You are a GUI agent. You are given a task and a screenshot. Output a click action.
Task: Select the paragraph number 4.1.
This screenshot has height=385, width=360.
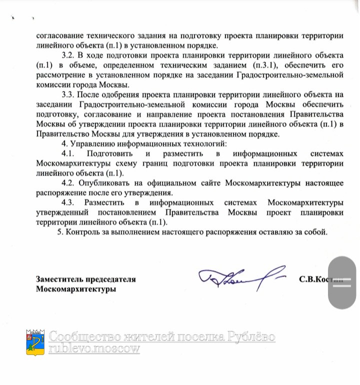click(68, 153)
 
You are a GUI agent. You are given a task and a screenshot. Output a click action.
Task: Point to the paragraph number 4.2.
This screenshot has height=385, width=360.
click(68, 182)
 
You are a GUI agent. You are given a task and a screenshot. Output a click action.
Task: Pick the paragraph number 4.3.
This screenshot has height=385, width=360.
click(68, 202)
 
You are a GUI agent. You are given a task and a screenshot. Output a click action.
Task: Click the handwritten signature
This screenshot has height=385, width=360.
click(240, 278)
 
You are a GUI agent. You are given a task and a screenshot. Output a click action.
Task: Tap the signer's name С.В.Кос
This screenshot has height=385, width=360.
click(315, 279)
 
